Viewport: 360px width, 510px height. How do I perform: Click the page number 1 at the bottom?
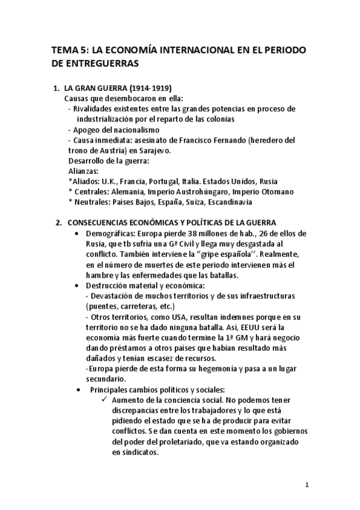point(307,484)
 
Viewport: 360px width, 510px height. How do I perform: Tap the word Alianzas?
point(83,171)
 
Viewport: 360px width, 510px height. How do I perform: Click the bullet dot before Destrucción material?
point(75,285)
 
